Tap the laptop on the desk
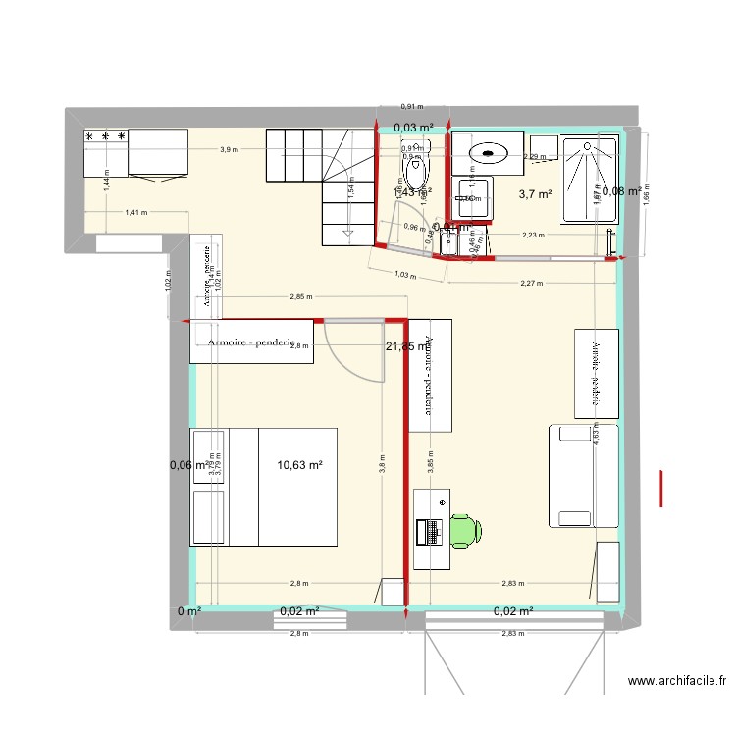click(429, 531)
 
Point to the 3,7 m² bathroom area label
click(535, 194)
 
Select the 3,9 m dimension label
click(228, 150)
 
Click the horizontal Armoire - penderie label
click(251, 343)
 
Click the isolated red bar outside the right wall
click(662, 488)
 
